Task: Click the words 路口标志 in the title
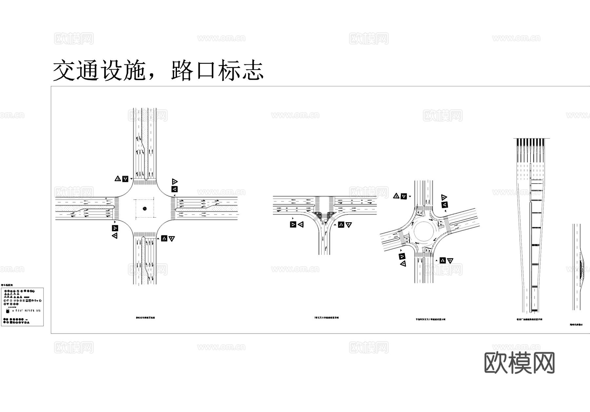tap(217, 70)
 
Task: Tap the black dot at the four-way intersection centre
tap(145, 208)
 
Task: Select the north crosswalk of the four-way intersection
tap(145, 181)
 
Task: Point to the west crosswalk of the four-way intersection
tap(117, 208)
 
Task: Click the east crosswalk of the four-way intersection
tap(173, 209)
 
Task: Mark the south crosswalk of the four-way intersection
tap(145, 234)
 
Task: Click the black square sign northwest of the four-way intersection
tap(125, 179)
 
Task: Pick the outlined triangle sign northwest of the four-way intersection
tap(118, 179)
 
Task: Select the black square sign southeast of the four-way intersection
tap(164, 238)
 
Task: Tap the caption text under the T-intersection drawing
tap(326, 318)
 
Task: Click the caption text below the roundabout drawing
tap(430, 319)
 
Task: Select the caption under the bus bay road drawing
tap(576, 324)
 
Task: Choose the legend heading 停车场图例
tap(7, 286)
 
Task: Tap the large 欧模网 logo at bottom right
tap(519, 363)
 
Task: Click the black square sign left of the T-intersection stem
tap(293, 225)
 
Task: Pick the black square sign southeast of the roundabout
tap(442, 260)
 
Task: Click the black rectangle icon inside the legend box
tap(8, 311)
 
